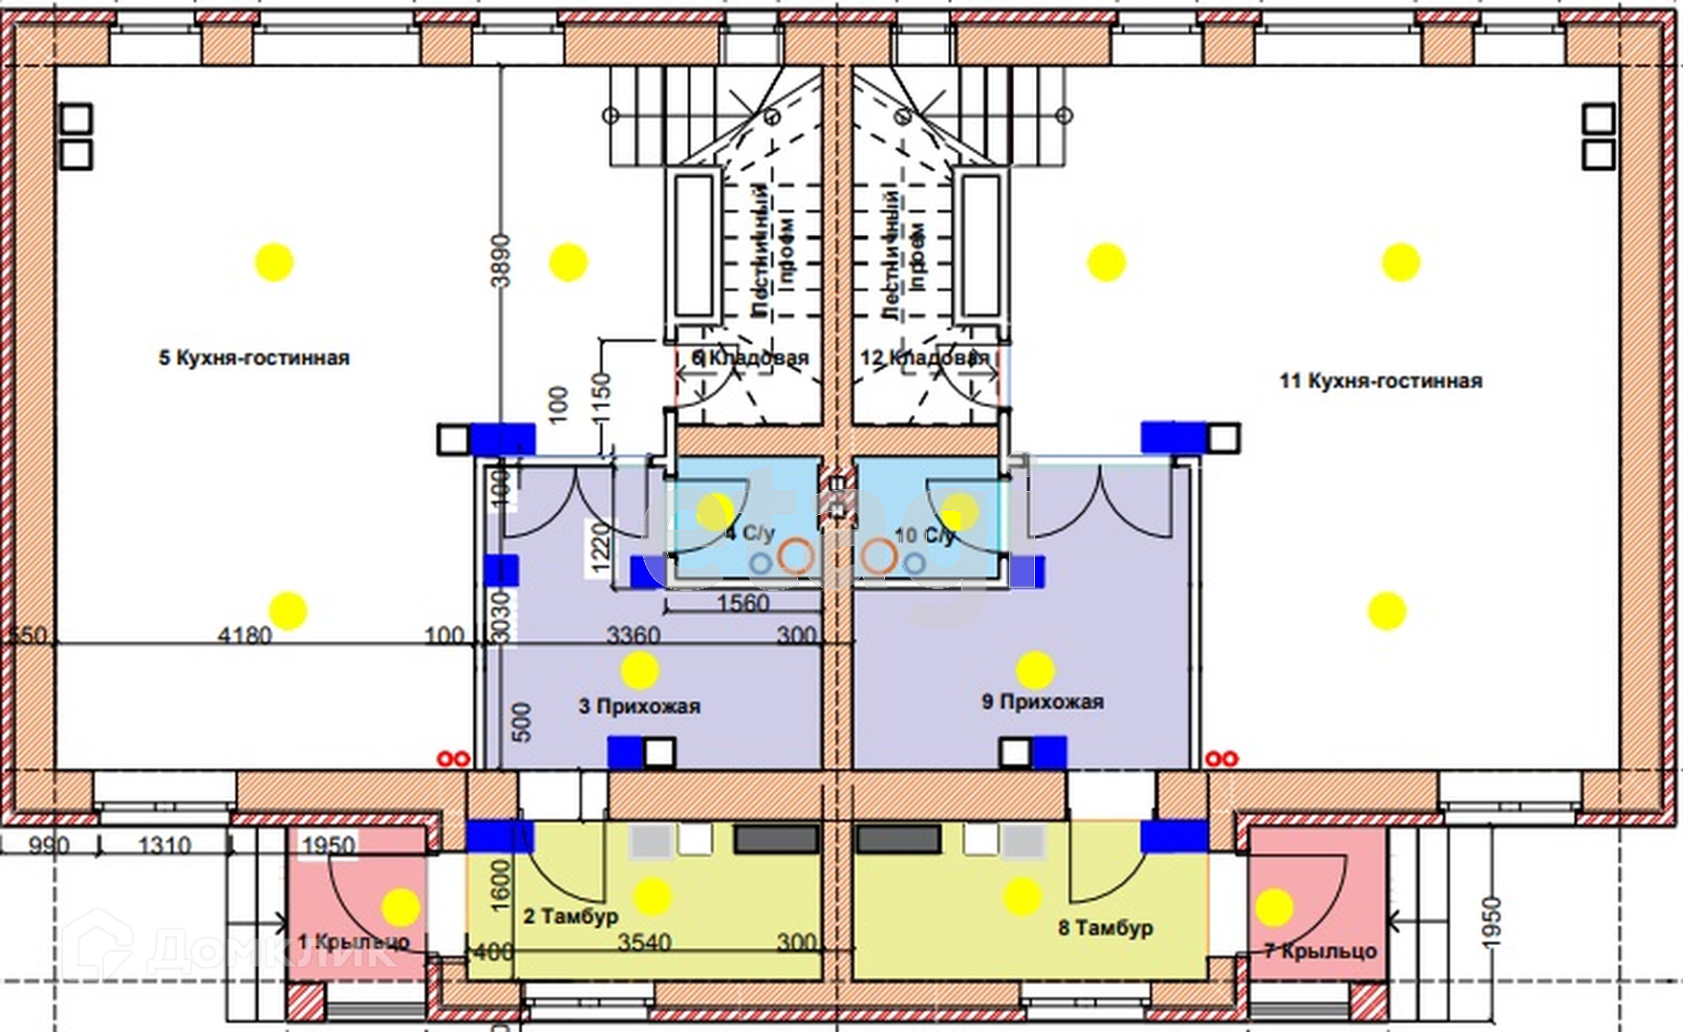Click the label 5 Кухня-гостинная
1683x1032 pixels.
click(254, 358)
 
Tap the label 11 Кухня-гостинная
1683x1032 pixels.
click(1381, 381)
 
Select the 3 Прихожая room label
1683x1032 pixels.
click(639, 707)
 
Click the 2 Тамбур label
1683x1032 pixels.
click(571, 917)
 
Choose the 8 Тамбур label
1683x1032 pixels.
click(1106, 928)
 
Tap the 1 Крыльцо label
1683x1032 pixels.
click(354, 942)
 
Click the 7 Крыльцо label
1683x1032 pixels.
click(1321, 952)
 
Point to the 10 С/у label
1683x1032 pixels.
click(924, 535)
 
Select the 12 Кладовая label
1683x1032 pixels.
click(924, 358)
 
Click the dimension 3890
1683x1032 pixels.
click(502, 260)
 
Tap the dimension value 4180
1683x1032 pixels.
click(245, 635)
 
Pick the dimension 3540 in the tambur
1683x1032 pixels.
click(644, 943)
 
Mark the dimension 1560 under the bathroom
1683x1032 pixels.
click(743, 604)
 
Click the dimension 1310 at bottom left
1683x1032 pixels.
click(164, 846)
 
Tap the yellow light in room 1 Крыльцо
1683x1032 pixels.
click(400, 907)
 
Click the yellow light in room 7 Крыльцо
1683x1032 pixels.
click(1274, 908)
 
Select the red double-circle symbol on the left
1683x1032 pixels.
click(453, 760)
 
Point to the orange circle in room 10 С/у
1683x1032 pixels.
click(877, 555)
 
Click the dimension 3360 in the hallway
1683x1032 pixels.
click(634, 635)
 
